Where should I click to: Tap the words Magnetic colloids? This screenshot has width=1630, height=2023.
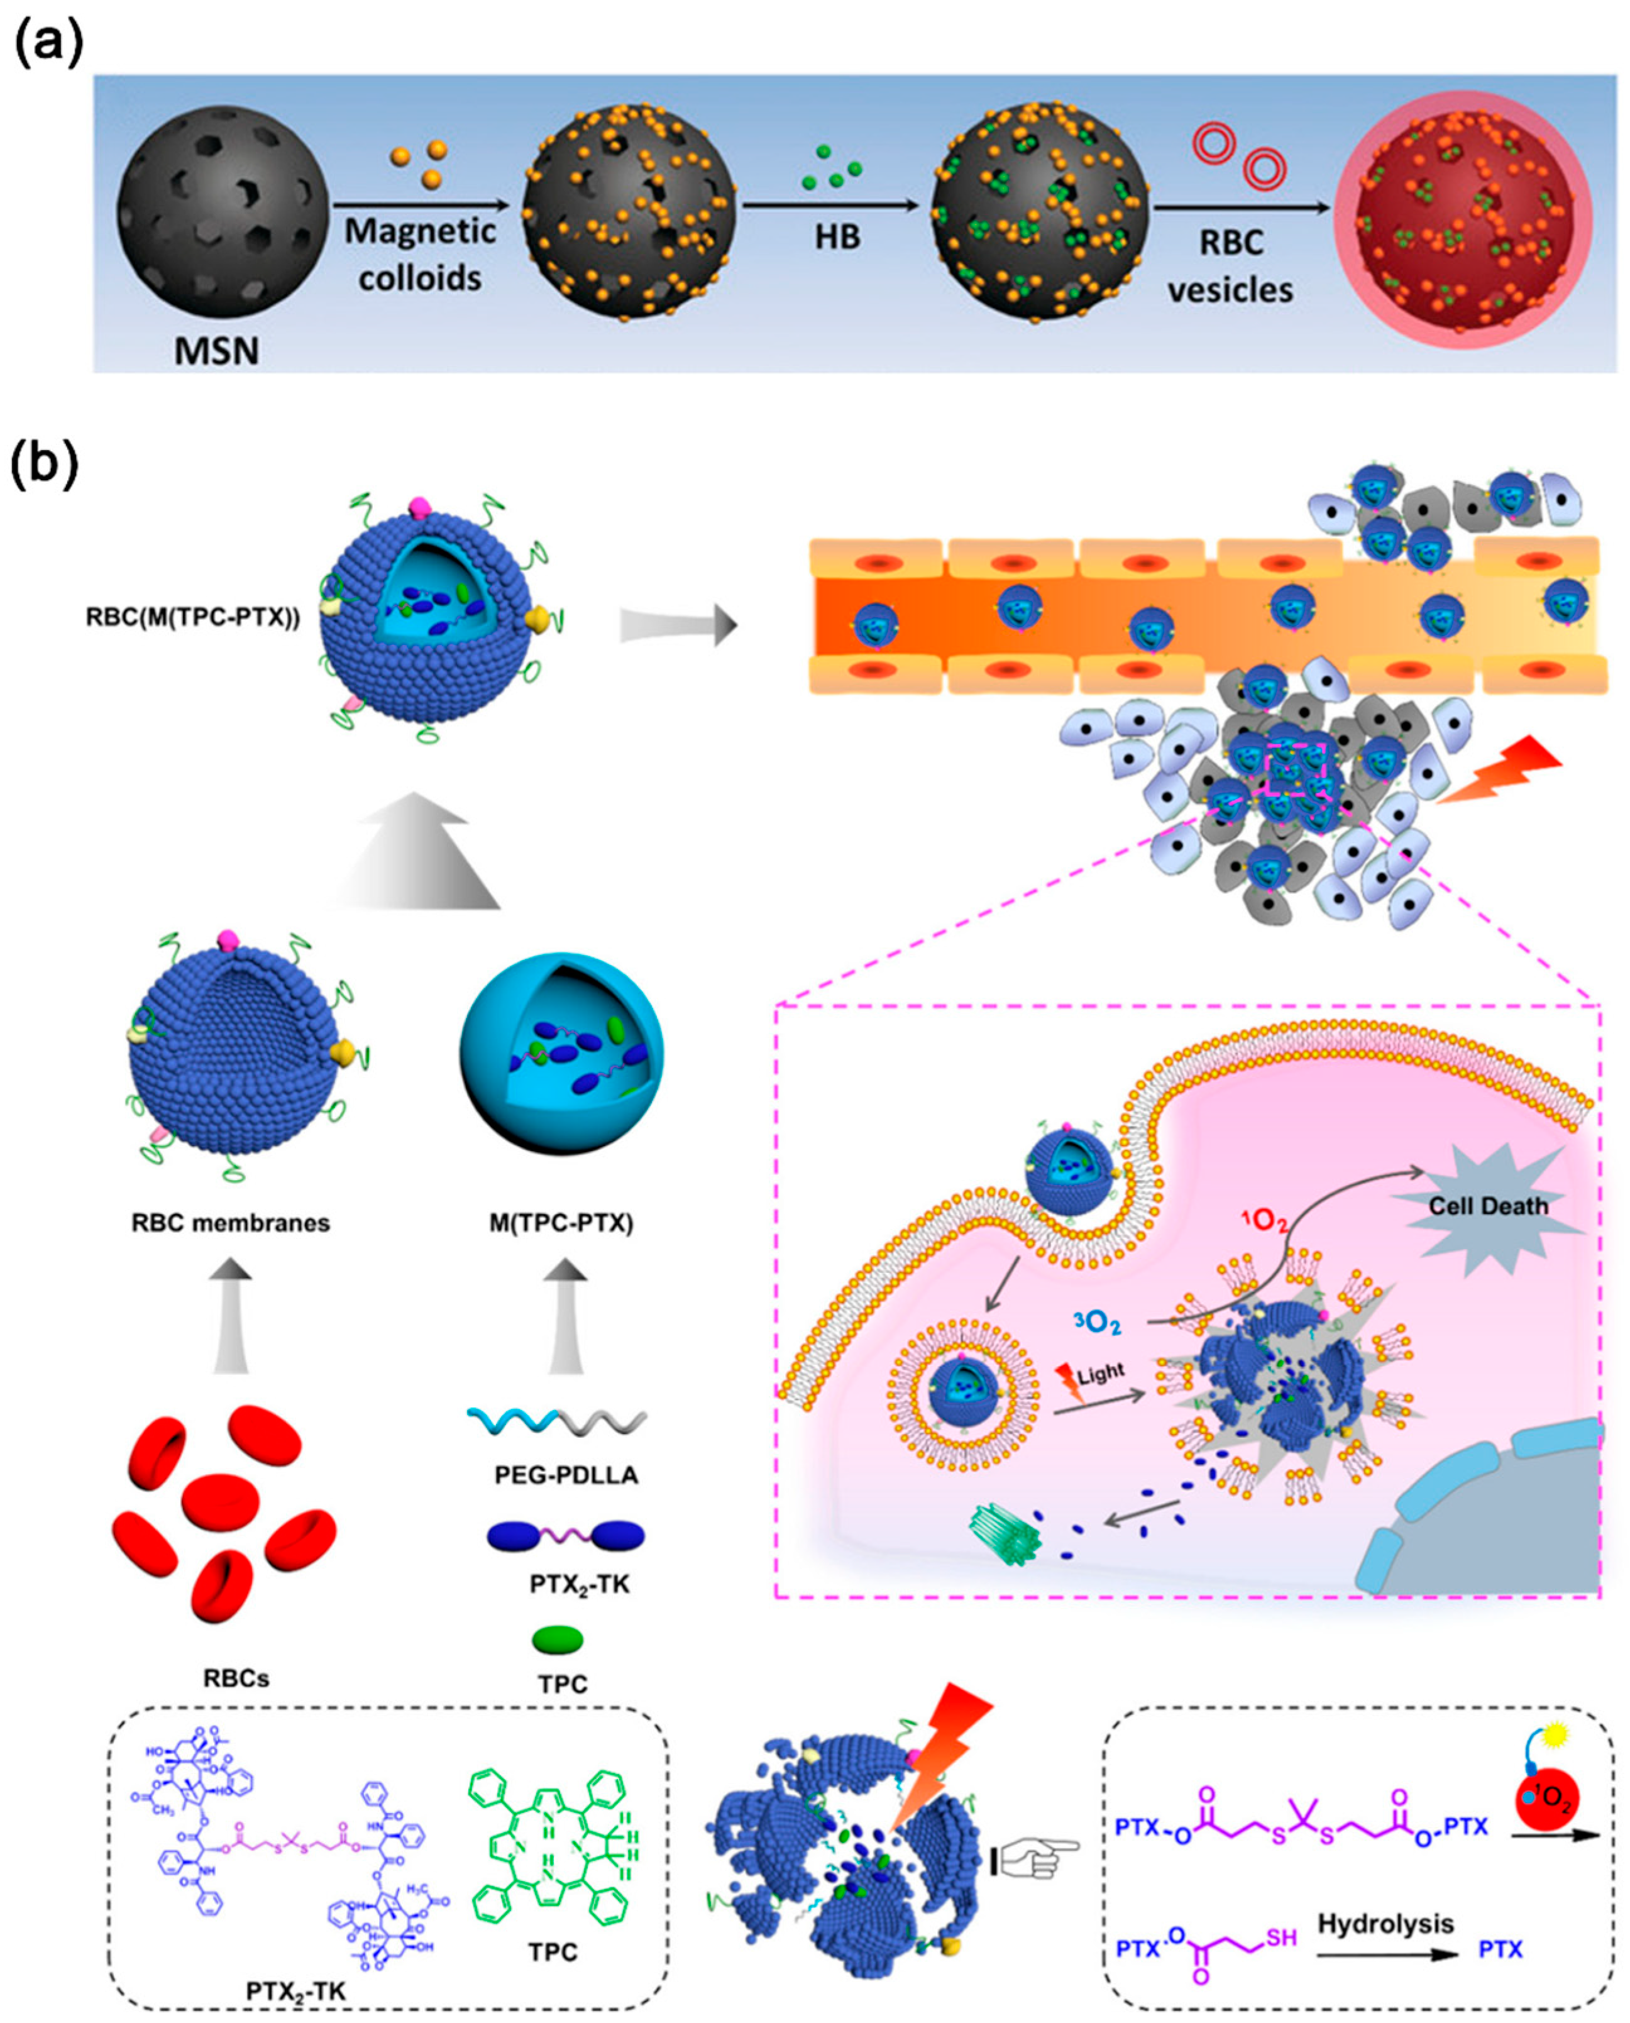pos(420,255)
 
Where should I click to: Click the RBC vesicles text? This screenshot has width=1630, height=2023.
pos(1231,266)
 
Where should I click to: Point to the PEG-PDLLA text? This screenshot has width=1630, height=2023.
pos(566,1475)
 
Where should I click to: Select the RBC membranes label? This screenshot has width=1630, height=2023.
pos(231,1223)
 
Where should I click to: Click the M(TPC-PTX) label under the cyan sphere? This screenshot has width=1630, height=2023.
pos(561,1223)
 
